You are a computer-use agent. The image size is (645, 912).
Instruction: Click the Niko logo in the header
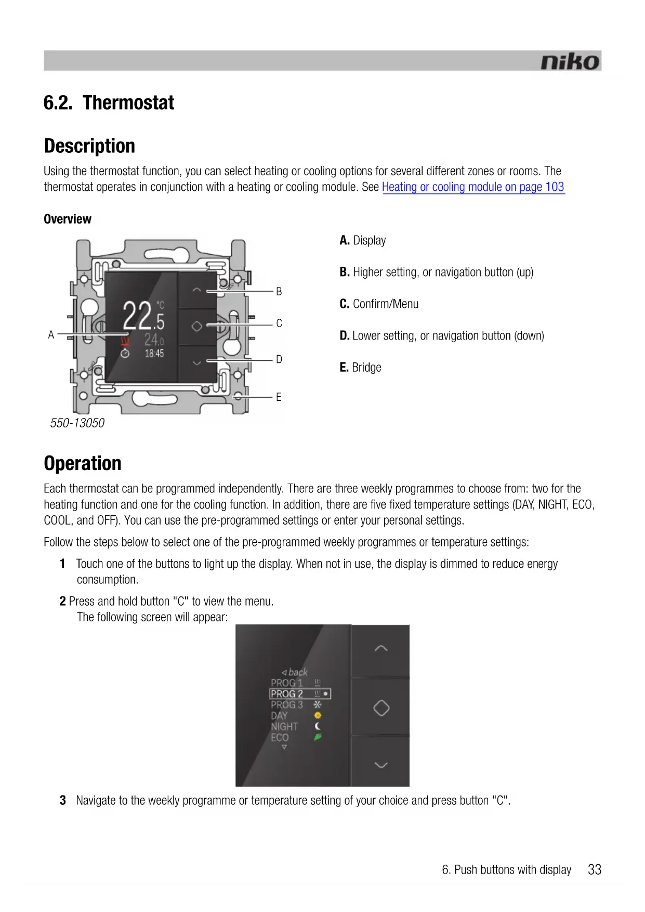point(570,62)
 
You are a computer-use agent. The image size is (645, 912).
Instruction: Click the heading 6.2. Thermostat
point(109,103)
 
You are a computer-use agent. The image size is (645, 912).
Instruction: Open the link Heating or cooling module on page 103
point(473,187)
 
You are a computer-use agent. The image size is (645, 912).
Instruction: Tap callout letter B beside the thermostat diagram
point(279,292)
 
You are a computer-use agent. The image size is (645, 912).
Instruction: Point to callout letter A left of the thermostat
point(51,335)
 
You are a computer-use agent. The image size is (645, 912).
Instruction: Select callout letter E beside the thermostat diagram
point(279,397)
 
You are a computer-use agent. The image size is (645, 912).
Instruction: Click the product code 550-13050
point(77,423)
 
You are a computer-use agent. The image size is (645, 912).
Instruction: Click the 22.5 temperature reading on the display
point(143,316)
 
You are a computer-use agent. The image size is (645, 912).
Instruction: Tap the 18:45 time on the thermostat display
point(154,354)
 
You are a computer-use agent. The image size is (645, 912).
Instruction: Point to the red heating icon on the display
point(125,341)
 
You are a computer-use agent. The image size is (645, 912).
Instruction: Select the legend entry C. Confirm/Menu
point(379,304)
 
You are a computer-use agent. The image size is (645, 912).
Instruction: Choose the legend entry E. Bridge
point(360,368)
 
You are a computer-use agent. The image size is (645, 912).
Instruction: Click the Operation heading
point(83,463)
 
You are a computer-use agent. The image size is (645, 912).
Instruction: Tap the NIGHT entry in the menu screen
point(284,726)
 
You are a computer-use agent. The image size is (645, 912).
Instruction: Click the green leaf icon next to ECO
point(318,737)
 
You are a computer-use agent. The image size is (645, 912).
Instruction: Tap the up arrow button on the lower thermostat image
point(381,648)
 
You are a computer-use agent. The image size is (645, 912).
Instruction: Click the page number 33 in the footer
point(594,869)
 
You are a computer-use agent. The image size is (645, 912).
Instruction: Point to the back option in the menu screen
point(295,672)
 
